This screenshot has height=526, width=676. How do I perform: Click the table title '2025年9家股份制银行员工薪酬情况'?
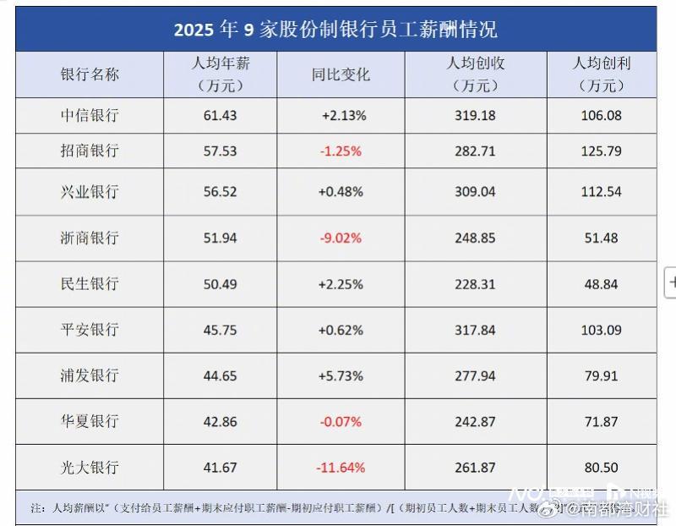tap(335, 30)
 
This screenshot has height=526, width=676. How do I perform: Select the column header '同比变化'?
tap(341, 74)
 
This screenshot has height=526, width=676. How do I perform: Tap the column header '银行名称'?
tap(90, 74)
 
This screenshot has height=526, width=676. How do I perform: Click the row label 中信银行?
tap(90, 115)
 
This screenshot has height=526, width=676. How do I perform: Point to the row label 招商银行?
tap(90, 151)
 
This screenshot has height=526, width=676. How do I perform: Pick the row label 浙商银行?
tap(90, 238)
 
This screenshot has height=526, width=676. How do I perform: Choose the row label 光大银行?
tap(90, 467)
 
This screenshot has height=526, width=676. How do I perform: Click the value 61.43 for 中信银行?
tap(220, 115)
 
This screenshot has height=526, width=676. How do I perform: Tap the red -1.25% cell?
tap(341, 151)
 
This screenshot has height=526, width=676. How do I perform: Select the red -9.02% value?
tap(341, 238)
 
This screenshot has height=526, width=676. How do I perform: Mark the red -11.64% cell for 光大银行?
tap(341, 467)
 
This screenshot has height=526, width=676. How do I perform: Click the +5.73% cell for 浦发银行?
tap(341, 375)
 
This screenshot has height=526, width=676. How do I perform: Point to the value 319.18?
tap(475, 115)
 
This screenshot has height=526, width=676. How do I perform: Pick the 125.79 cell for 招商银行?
tap(601, 151)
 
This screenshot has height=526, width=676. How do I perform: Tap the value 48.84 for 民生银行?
tap(601, 283)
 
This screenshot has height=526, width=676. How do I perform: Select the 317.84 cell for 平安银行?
tap(475, 330)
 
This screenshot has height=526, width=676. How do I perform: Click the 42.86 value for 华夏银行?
tap(220, 421)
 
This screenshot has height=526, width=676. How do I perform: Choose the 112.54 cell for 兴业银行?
tap(601, 192)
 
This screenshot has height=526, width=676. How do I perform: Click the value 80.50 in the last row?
tap(601, 467)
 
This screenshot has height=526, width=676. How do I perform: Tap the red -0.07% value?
tap(341, 421)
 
